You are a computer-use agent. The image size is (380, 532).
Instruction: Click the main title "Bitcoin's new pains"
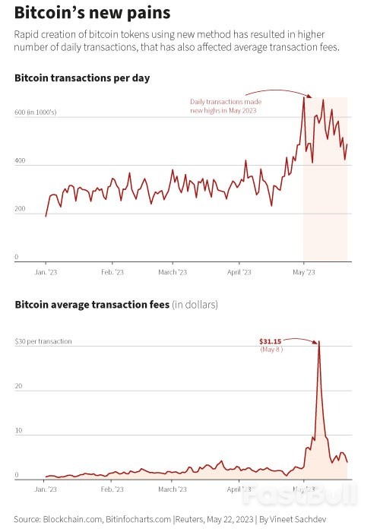[92, 14]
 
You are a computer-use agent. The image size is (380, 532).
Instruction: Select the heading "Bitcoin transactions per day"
[82, 78]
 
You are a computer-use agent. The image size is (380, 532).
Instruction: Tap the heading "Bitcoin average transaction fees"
[92, 305]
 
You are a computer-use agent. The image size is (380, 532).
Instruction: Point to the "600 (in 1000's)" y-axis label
[35, 112]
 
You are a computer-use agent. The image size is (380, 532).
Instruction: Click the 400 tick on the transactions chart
[21, 160]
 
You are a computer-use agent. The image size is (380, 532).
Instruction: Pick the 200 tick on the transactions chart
[21, 208]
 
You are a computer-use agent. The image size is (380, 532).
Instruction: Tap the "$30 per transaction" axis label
[43, 341]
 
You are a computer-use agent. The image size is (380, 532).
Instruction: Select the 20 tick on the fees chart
[19, 386]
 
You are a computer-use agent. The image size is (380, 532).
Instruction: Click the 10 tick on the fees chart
[19, 431]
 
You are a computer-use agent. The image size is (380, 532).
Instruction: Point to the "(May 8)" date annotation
[271, 349]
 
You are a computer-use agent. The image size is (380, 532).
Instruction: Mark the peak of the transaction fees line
[318, 342]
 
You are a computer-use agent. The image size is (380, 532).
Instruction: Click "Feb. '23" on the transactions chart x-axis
[112, 271]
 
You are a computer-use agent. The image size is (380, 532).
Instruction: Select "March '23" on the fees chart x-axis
[173, 490]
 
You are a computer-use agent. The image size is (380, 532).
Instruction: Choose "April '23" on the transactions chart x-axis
[239, 271]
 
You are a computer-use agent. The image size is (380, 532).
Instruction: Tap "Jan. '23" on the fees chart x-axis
[47, 490]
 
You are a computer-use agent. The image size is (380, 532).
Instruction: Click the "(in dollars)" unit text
[195, 305]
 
